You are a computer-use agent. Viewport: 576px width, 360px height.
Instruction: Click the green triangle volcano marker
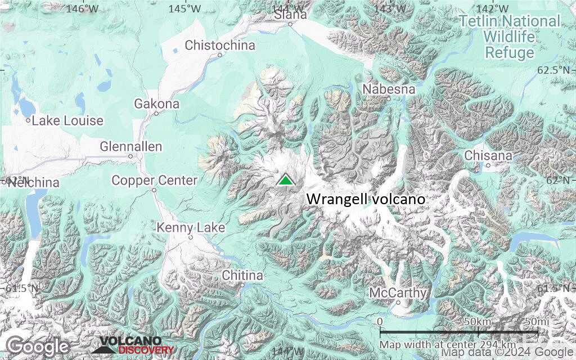[x=286, y=180]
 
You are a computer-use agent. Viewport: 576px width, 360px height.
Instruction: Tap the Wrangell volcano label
[x=365, y=199]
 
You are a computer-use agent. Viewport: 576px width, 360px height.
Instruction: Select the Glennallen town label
[x=130, y=147]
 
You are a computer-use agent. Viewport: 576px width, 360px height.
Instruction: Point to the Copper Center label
[x=154, y=181]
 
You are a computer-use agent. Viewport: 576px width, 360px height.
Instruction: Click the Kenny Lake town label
[x=191, y=228]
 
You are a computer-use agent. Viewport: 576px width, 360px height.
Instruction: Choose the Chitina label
[x=242, y=276]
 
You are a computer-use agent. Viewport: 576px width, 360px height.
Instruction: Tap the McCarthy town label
[x=398, y=293]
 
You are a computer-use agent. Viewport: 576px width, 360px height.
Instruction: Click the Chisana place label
[x=489, y=155]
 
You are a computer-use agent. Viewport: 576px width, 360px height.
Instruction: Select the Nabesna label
[x=389, y=89]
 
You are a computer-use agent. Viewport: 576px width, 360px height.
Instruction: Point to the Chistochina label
[x=220, y=45]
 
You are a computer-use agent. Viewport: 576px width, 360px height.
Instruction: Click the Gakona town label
[x=156, y=104]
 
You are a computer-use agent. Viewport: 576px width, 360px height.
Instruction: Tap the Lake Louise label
[x=67, y=120]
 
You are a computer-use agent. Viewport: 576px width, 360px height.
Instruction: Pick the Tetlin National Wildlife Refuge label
[x=510, y=37]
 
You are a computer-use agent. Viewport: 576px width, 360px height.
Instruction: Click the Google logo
[x=38, y=346]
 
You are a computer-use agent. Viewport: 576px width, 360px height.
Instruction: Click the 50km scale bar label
[x=479, y=321]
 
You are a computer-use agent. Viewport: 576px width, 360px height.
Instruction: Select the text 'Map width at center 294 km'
[x=447, y=344]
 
